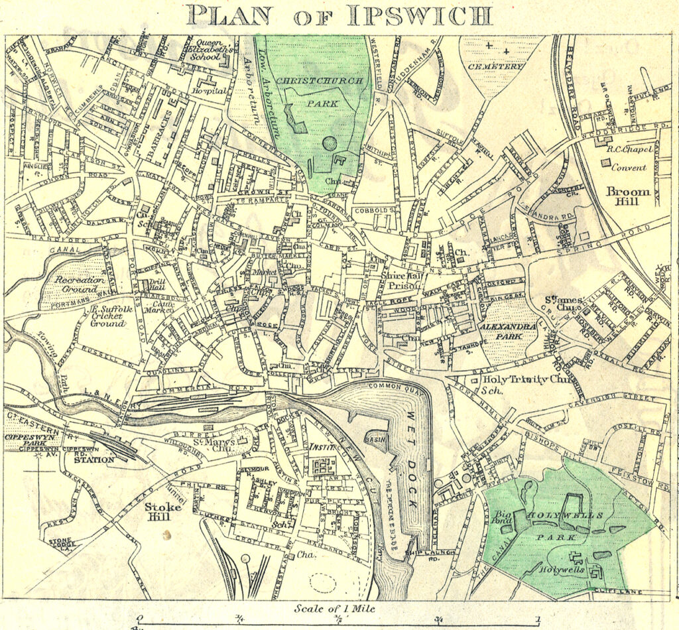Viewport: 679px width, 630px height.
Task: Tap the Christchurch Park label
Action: (320, 92)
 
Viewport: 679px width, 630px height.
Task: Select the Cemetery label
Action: (495, 66)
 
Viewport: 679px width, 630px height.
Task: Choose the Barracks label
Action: (161, 133)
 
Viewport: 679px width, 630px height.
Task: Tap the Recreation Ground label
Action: (80, 284)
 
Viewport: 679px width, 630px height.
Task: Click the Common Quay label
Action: (389, 385)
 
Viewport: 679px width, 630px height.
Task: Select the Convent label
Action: (629, 168)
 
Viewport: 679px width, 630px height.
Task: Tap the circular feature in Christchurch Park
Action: (329, 143)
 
